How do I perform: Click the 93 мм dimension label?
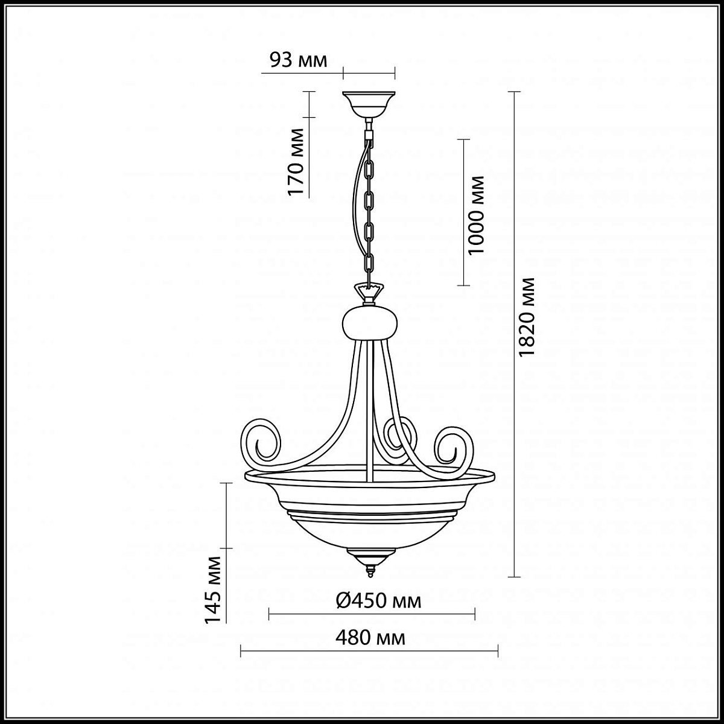[x=299, y=60]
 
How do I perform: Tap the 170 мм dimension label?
[x=296, y=162]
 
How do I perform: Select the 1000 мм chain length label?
[x=477, y=215]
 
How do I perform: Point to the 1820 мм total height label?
[x=526, y=317]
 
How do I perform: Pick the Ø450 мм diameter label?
[x=378, y=601]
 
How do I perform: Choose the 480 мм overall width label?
[x=370, y=638]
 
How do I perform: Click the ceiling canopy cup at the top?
[x=369, y=104]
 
